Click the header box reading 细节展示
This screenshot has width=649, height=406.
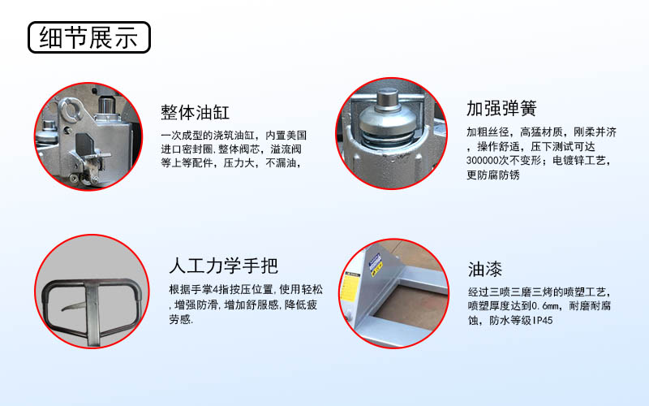click(89, 37)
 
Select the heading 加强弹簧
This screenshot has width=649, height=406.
click(501, 109)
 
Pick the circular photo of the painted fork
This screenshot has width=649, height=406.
click(393, 292)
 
